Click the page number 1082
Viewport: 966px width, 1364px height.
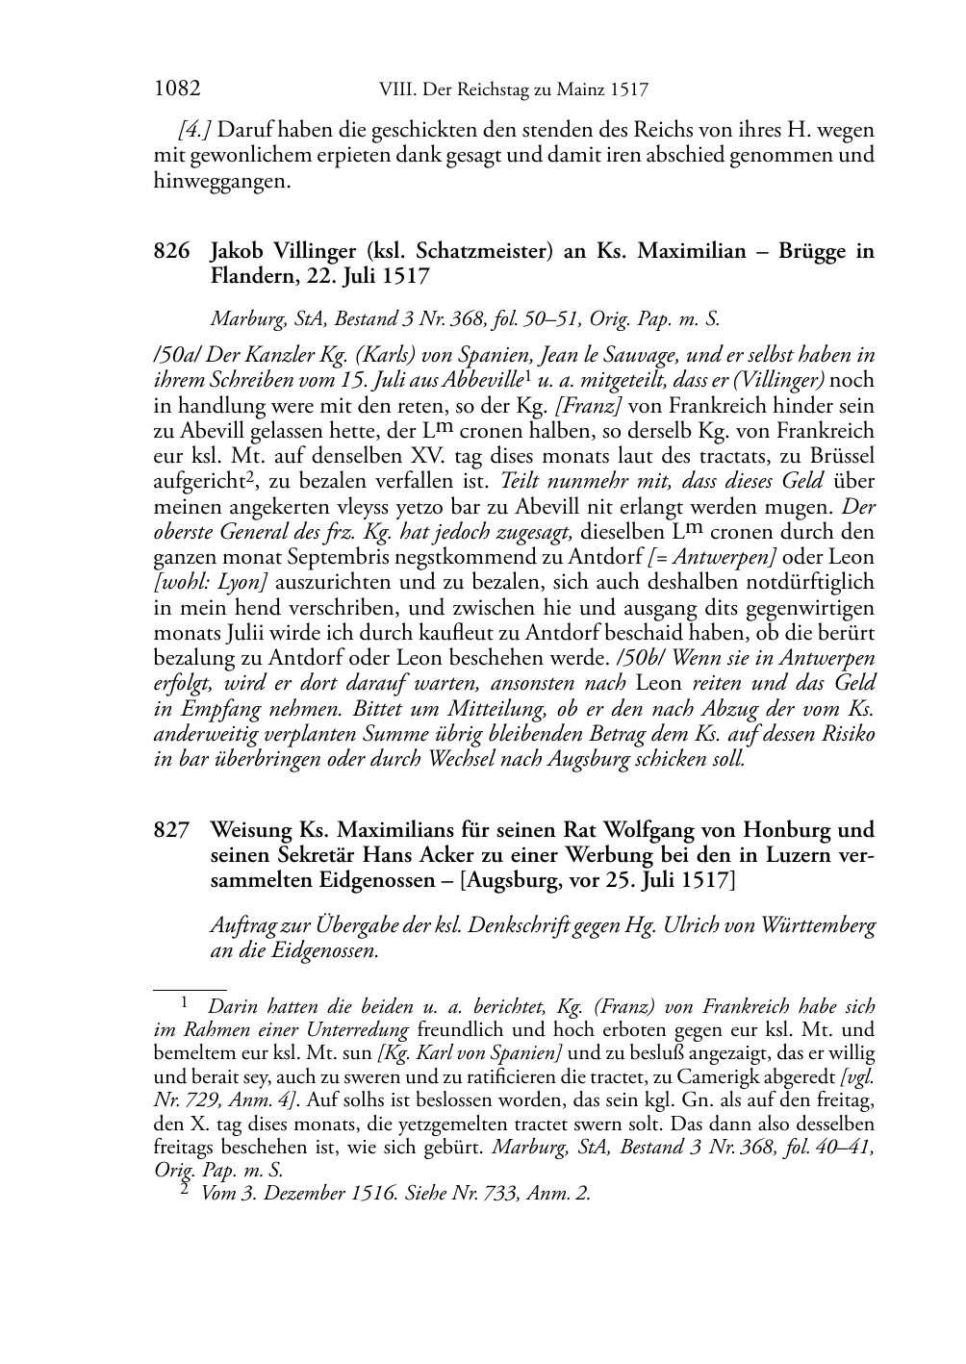coord(177,89)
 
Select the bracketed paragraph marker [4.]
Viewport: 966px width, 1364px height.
coord(195,129)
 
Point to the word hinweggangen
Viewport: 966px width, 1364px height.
coord(221,180)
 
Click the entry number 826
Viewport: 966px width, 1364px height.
coord(170,252)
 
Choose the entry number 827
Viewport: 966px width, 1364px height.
coord(170,830)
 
